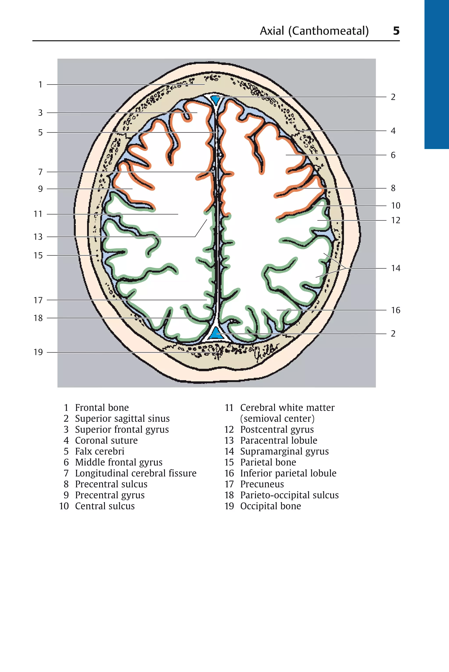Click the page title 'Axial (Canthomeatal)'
314,31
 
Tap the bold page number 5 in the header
396,31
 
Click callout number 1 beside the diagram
40,84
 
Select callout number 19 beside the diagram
38,352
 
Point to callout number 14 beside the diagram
396,268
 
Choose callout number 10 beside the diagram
396,206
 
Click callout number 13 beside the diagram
38,237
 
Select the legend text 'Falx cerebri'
100,451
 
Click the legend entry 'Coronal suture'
106,441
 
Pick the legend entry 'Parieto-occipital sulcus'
289,495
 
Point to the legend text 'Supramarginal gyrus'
284,451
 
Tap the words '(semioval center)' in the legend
277,419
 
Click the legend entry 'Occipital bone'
271,506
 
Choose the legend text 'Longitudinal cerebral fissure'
136,473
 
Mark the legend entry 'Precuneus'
262,484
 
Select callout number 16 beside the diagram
396,310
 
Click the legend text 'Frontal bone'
102,407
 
